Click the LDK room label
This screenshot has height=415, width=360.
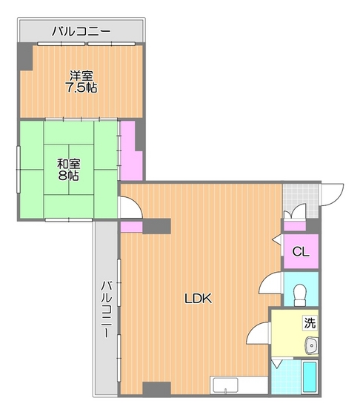coord(198,299)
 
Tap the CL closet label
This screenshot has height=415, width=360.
coord(301,251)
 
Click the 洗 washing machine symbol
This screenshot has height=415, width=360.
coord(310,323)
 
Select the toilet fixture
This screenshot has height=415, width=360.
coord(300,295)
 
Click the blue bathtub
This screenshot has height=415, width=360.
coord(310,376)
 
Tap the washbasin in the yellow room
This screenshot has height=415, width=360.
coord(312,345)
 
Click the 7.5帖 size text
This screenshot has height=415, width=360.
coord(81,87)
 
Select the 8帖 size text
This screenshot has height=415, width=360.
coord(68,176)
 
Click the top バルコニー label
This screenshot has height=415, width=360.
coord(81,31)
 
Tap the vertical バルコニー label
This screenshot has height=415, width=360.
coord(107,309)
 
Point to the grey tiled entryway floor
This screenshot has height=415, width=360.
coord(301,201)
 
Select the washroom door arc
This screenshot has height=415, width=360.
coord(253,333)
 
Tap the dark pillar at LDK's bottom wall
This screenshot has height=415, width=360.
coord(156,388)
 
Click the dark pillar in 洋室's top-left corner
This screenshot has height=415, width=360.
coord(26,56)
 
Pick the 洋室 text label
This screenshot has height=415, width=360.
coord(81,76)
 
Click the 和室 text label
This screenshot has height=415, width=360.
coord(68,164)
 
